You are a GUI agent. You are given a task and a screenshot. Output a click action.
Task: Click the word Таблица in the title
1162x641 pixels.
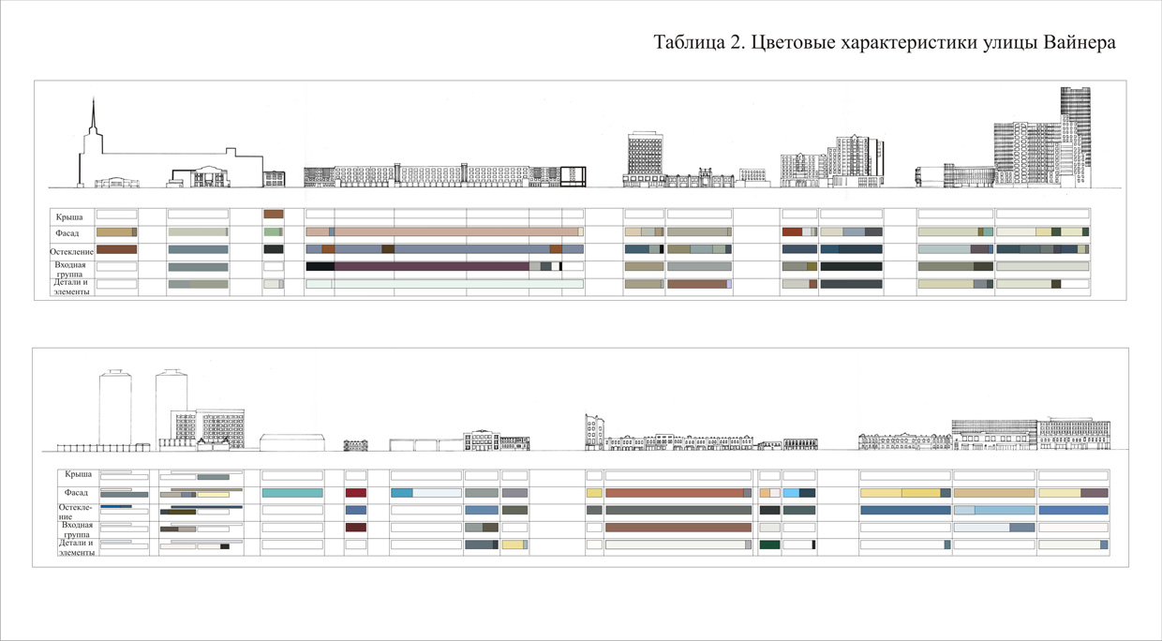click(687, 43)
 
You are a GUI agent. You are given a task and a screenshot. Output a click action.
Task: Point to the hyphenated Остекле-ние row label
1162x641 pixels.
click(73, 512)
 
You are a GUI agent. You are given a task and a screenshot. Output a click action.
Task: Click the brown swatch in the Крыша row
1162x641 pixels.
click(273, 215)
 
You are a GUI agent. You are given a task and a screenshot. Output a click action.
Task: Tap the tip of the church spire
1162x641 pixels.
click(92, 99)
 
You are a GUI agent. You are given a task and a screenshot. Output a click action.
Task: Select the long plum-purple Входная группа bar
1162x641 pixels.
click(431, 266)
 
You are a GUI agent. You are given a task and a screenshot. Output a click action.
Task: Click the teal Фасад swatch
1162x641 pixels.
click(292, 492)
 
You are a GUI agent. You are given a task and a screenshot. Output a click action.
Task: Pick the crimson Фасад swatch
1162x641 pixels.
click(355, 492)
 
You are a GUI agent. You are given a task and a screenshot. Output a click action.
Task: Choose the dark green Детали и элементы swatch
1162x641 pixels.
click(769, 544)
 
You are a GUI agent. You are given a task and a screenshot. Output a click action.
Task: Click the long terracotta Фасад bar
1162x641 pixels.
click(675, 492)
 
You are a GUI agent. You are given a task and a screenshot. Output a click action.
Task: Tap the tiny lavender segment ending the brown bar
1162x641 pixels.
click(729, 284)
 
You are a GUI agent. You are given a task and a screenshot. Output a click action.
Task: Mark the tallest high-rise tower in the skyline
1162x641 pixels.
click(1076, 131)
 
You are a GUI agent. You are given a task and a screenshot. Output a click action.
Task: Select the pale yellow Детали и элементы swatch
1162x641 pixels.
click(513, 544)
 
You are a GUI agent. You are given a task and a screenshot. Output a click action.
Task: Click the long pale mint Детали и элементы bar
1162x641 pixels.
click(459, 284)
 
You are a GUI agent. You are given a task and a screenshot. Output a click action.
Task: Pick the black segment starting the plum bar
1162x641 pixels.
click(320, 266)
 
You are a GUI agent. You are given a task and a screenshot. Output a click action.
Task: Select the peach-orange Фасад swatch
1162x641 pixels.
click(765, 492)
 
